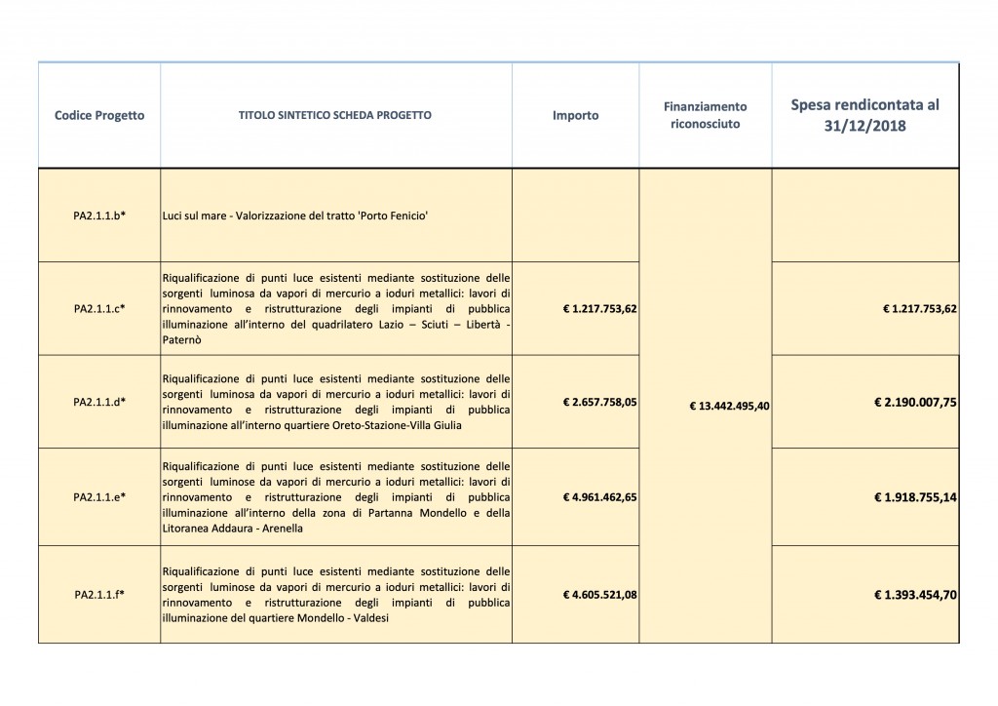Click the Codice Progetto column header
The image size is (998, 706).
coord(99,115)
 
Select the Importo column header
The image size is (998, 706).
coord(575,115)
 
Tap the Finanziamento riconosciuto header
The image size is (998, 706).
coord(705,115)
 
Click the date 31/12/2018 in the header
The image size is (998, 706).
coord(865,126)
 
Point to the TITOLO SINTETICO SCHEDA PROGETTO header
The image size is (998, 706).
coord(335,115)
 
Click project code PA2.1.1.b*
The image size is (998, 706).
coord(99,215)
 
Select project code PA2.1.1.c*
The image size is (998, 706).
coord(99,308)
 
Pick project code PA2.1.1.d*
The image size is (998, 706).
coord(99,402)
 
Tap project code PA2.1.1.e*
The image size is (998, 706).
coord(99,496)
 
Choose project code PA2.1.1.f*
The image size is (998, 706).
coord(99,594)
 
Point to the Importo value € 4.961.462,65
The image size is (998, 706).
coord(599,497)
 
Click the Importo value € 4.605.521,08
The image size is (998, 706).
coord(599,594)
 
